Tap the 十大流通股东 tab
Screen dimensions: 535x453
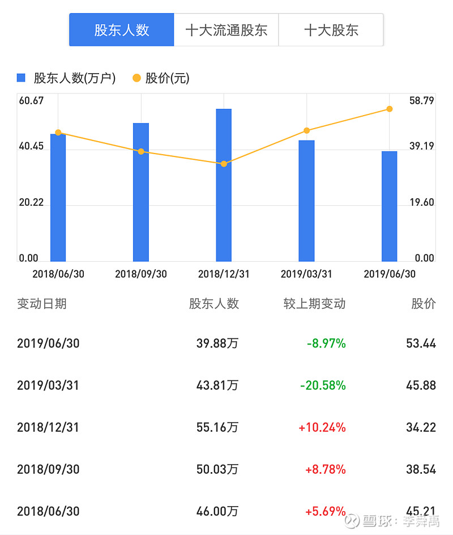click(226, 30)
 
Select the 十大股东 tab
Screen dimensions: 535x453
click(331, 30)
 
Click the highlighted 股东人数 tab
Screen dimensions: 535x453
click(121, 30)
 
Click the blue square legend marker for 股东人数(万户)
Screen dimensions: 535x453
click(22, 78)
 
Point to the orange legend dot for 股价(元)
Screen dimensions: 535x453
click(136, 78)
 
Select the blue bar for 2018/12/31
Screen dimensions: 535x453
click(224, 184)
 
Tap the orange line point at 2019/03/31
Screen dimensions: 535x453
click(306, 131)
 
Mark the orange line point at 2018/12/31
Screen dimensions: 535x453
click(224, 164)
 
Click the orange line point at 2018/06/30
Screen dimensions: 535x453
click(58, 133)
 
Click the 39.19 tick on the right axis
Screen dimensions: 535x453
click(421, 146)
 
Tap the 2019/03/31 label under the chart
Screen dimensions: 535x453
click(306, 274)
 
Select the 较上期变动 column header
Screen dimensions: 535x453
click(314, 304)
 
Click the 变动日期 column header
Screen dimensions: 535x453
click(42, 304)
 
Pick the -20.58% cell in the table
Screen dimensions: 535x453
click(323, 385)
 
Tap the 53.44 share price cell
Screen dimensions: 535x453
click(421, 343)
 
